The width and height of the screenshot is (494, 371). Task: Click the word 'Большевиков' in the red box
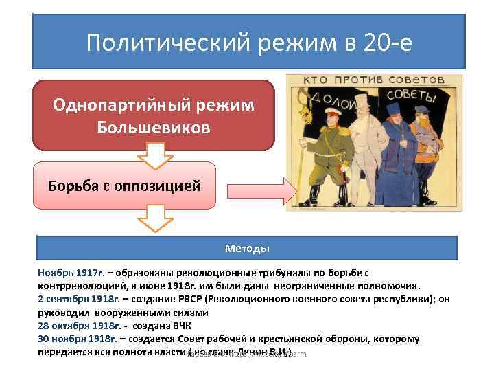click(x=154, y=128)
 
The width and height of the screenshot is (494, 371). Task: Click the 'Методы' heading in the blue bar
click(x=247, y=247)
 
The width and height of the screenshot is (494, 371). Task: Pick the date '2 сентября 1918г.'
click(x=80, y=299)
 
